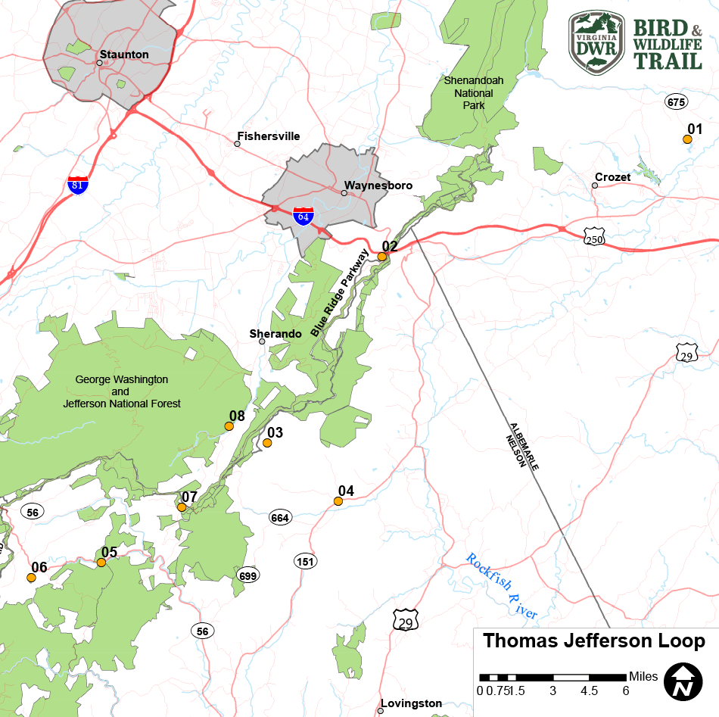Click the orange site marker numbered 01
coord(687,139)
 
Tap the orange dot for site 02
coord(382,257)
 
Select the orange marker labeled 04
coord(338,501)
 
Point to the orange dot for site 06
coord(31,578)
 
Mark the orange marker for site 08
coord(229,426)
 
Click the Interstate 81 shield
coord(77,184)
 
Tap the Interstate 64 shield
coord(303,216)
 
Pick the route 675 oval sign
coord(676,101)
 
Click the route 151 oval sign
coord(305,561)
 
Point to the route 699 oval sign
coord(247,575)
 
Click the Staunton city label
coord(123,55)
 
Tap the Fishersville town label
coord(269,136)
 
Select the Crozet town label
coord(612,177)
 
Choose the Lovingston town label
coord(411,703)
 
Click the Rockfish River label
coord(501,587)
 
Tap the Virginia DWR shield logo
coord(596,42)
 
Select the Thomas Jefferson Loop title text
coord(594,641)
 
